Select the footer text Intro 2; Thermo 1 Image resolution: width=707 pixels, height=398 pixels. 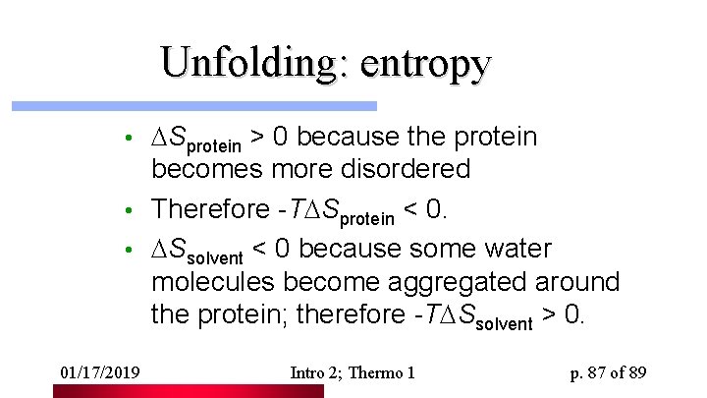click(353, 372)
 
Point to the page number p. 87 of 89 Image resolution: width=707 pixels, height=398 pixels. click(608, 372)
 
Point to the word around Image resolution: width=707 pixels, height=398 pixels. click(577, 282)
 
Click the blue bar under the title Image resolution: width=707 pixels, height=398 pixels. click(193, 105)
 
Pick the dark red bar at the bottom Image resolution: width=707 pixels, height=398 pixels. click(188, 391)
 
